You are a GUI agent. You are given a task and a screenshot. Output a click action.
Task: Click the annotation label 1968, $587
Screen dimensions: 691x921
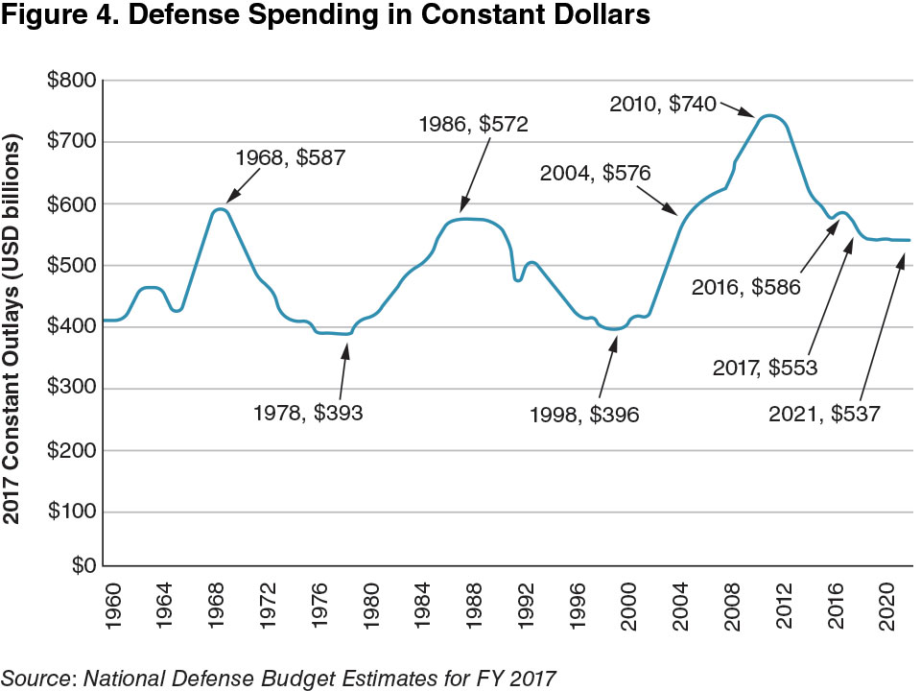pyautogui.click(x=290, y=157)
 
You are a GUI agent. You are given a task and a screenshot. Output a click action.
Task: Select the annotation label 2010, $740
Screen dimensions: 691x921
pyautogui.click(x=663, y=105)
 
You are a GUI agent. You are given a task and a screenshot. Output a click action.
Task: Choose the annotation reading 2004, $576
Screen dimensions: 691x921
pyautogui.click(x=596, y=174)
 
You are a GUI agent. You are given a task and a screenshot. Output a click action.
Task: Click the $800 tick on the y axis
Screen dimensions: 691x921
pyautogui.click(x=70, y=81)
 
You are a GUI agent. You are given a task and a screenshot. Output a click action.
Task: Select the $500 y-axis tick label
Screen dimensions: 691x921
pyautogui.click(x=70, y=265)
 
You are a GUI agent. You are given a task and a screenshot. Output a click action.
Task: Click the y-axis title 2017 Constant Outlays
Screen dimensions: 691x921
pyautogui.click(x=14, y=326)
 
